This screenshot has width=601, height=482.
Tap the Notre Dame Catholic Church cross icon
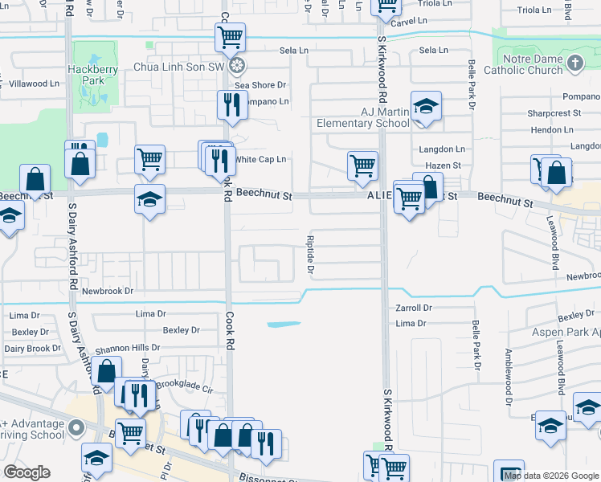(x=574, y=62)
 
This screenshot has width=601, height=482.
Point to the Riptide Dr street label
(x=310, y=253)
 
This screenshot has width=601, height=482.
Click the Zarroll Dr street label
(x=415, y=308)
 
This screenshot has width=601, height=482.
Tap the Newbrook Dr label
(x=107, y=290)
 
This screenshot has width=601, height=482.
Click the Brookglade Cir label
(x=184, y=386)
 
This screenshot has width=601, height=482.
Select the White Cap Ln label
(x=260, y=160)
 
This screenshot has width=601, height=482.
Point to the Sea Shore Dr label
(x=260, y=84)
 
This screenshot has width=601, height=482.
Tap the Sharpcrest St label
(x=554, y=113)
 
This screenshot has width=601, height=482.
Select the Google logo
(x=27, y=472)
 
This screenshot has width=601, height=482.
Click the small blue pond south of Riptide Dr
(x=284, y=325)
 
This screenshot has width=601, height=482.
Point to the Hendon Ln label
(x=550, y=129)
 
